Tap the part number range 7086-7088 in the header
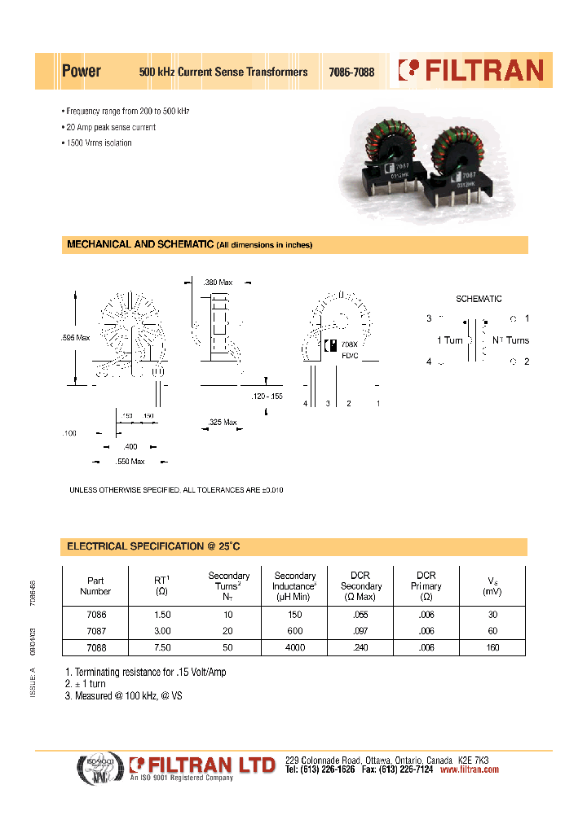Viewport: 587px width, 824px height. [351, 72]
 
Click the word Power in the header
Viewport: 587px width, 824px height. [82, 72]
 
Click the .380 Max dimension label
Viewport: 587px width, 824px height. [218, 283]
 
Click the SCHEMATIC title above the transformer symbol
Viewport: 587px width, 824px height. [479, 299]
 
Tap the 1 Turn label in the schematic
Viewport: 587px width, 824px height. [449, 340]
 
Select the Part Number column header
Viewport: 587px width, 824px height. [95, 586]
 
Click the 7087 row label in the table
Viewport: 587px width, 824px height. [95, 631]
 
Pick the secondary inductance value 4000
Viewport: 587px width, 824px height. [294, 647]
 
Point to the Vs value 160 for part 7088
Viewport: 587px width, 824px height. [493, 647]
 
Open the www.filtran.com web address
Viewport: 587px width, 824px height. [469, 769]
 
